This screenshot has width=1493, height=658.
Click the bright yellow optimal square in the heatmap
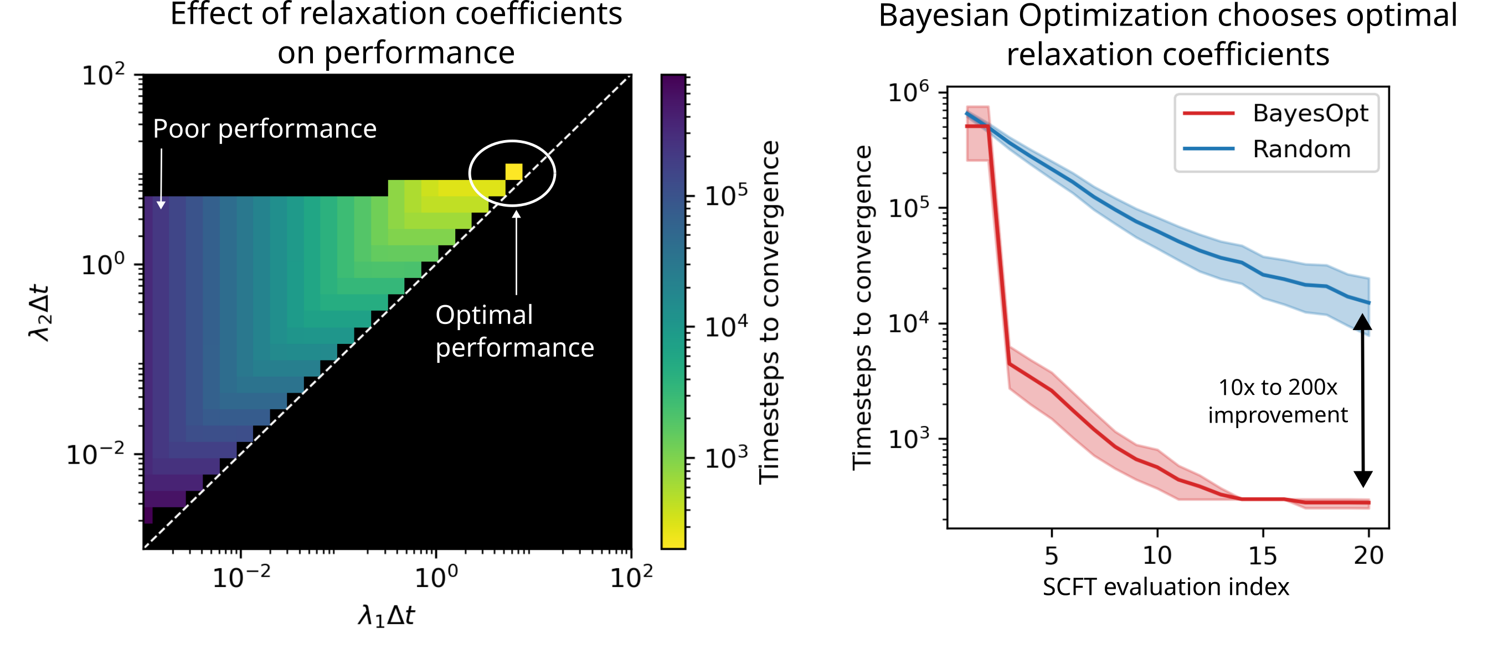coord(513,172)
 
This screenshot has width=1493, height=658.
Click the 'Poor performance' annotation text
coord(264,128)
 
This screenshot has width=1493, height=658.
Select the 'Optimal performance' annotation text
coord(514,331)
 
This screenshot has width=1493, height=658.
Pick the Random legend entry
coord(1301,149)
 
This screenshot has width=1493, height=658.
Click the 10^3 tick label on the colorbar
coord(725,458)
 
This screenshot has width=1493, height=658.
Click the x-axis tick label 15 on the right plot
coord(1262,556)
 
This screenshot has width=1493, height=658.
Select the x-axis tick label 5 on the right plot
coord(1052,556)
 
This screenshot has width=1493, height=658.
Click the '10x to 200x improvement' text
coord(1278,401)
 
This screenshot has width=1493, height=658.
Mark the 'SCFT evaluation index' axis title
coord(1166,587)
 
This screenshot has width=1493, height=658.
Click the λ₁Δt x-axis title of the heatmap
coord(387,616)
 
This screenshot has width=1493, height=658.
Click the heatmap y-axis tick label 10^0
coord(103,265)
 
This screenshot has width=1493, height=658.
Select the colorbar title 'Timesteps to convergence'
coord(769,312)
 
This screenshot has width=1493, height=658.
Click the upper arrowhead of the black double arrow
coord(1363,322)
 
